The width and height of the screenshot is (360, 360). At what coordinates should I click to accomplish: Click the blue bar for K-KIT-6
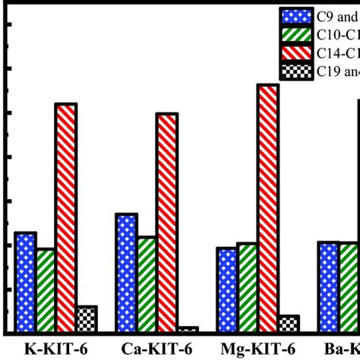[x=25, y=282]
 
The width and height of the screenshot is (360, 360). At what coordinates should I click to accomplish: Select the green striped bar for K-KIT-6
[x=46, y=290]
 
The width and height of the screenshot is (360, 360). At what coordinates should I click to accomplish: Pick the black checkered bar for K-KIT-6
[x=87, y=319]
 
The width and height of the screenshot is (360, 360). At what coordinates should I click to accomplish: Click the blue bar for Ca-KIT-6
[x=126, y=273]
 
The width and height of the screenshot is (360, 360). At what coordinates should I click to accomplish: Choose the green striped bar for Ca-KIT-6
[x=147, y=284]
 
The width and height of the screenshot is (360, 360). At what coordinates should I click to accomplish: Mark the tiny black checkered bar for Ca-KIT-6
[x=187, y=330]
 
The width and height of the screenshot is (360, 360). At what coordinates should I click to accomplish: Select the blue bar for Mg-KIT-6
[x=227, y=289]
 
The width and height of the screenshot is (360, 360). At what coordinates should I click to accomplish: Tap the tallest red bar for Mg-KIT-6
[x=268, y=208]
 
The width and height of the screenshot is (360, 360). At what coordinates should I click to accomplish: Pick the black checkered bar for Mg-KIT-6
[x=289, y=324]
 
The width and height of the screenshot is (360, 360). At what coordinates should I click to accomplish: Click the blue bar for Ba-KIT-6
[x=328, y=286]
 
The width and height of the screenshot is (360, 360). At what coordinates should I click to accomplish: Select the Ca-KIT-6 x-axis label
[x=156, y=349]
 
